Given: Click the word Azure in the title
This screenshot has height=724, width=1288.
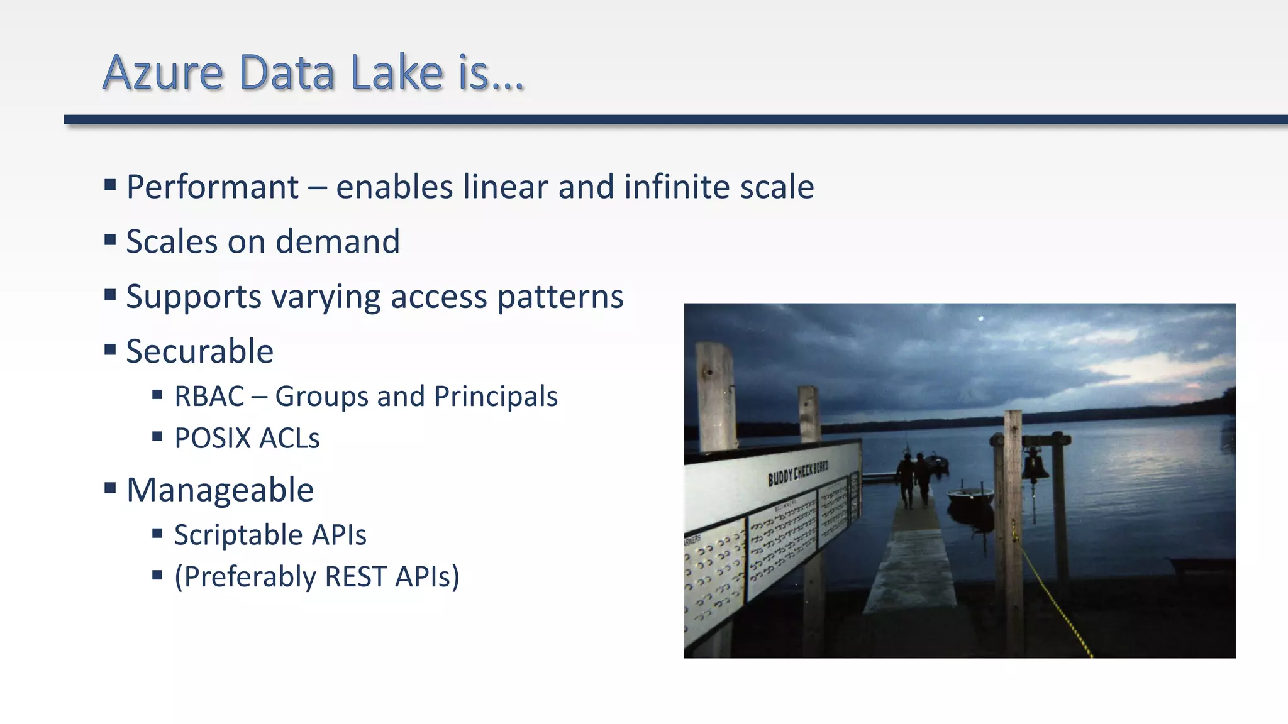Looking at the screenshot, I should tap(163, 73).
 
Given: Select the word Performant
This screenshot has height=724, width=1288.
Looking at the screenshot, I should tap(213, 187).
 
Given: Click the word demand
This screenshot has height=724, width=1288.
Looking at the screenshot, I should tap(337, 242).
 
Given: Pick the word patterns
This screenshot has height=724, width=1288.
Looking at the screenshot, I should tap(560, 297).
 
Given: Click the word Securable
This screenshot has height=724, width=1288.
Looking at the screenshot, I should tap(199, 351).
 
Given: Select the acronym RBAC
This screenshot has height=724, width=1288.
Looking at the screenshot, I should tap(209, 397).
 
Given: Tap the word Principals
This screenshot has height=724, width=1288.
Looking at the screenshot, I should tap(496, 397).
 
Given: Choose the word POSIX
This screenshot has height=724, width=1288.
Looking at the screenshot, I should tap(212, 439).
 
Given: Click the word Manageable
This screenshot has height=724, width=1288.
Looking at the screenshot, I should tap(219, 490).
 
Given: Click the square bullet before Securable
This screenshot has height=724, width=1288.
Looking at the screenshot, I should tap(110, 349).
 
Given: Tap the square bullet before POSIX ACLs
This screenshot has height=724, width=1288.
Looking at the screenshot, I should tap(157, 436).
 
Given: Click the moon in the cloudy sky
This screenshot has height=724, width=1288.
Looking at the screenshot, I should tap(980, 319).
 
